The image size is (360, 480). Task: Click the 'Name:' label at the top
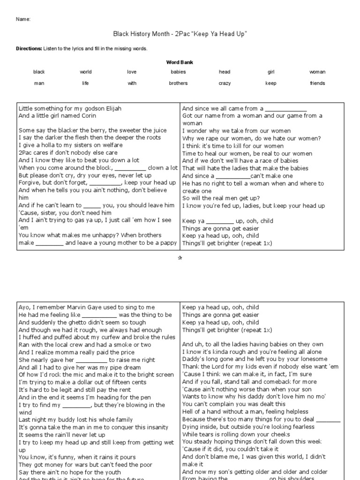tap(23, 19)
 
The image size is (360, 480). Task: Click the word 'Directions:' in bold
tap(29, 48)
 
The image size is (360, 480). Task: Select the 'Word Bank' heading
tap(180, 62)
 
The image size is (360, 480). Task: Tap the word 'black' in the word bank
tap(39, 72)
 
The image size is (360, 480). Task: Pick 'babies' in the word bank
tap(178, 72)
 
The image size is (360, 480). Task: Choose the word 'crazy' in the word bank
tap(225, 83)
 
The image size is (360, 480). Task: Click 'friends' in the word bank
tap(317, 83)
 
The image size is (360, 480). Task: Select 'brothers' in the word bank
tap(178, 83)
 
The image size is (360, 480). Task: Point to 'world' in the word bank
tap(86, 72)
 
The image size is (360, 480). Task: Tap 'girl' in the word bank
tap(271, 72)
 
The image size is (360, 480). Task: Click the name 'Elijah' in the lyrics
tap(112, 108)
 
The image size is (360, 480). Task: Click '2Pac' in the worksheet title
tap(181, 34)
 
